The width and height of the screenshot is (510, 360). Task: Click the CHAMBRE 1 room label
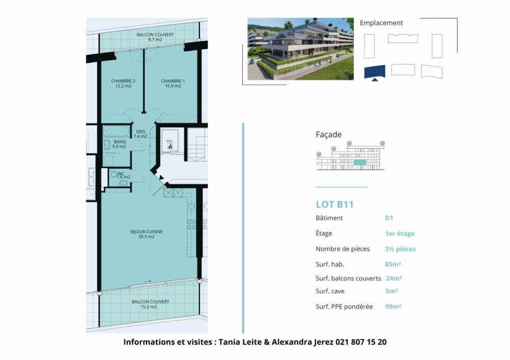(173, 81)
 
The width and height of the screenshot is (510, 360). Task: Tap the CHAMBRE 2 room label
(123, 81)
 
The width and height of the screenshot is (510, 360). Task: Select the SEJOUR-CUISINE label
(146, 232)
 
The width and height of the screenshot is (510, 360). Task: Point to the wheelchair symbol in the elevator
(170, 146)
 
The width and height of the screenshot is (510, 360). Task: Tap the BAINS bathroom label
(120, 141)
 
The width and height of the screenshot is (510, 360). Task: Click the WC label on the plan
(121, 173)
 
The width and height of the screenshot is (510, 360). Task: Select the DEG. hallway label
(141, 131)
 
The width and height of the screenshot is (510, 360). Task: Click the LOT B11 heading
(335, 205)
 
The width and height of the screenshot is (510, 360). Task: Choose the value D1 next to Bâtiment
(389, 218)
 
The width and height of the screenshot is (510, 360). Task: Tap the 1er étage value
(400, 234)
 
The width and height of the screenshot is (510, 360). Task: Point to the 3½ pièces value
(400, 249)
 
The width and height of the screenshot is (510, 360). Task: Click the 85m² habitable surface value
(393, 264)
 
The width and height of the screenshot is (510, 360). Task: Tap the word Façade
(329, 135)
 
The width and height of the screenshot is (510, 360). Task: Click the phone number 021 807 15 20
(361, 342)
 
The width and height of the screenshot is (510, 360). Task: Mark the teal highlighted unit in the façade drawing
(360, 162)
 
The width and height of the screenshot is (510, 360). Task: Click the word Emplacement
(381, 23)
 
